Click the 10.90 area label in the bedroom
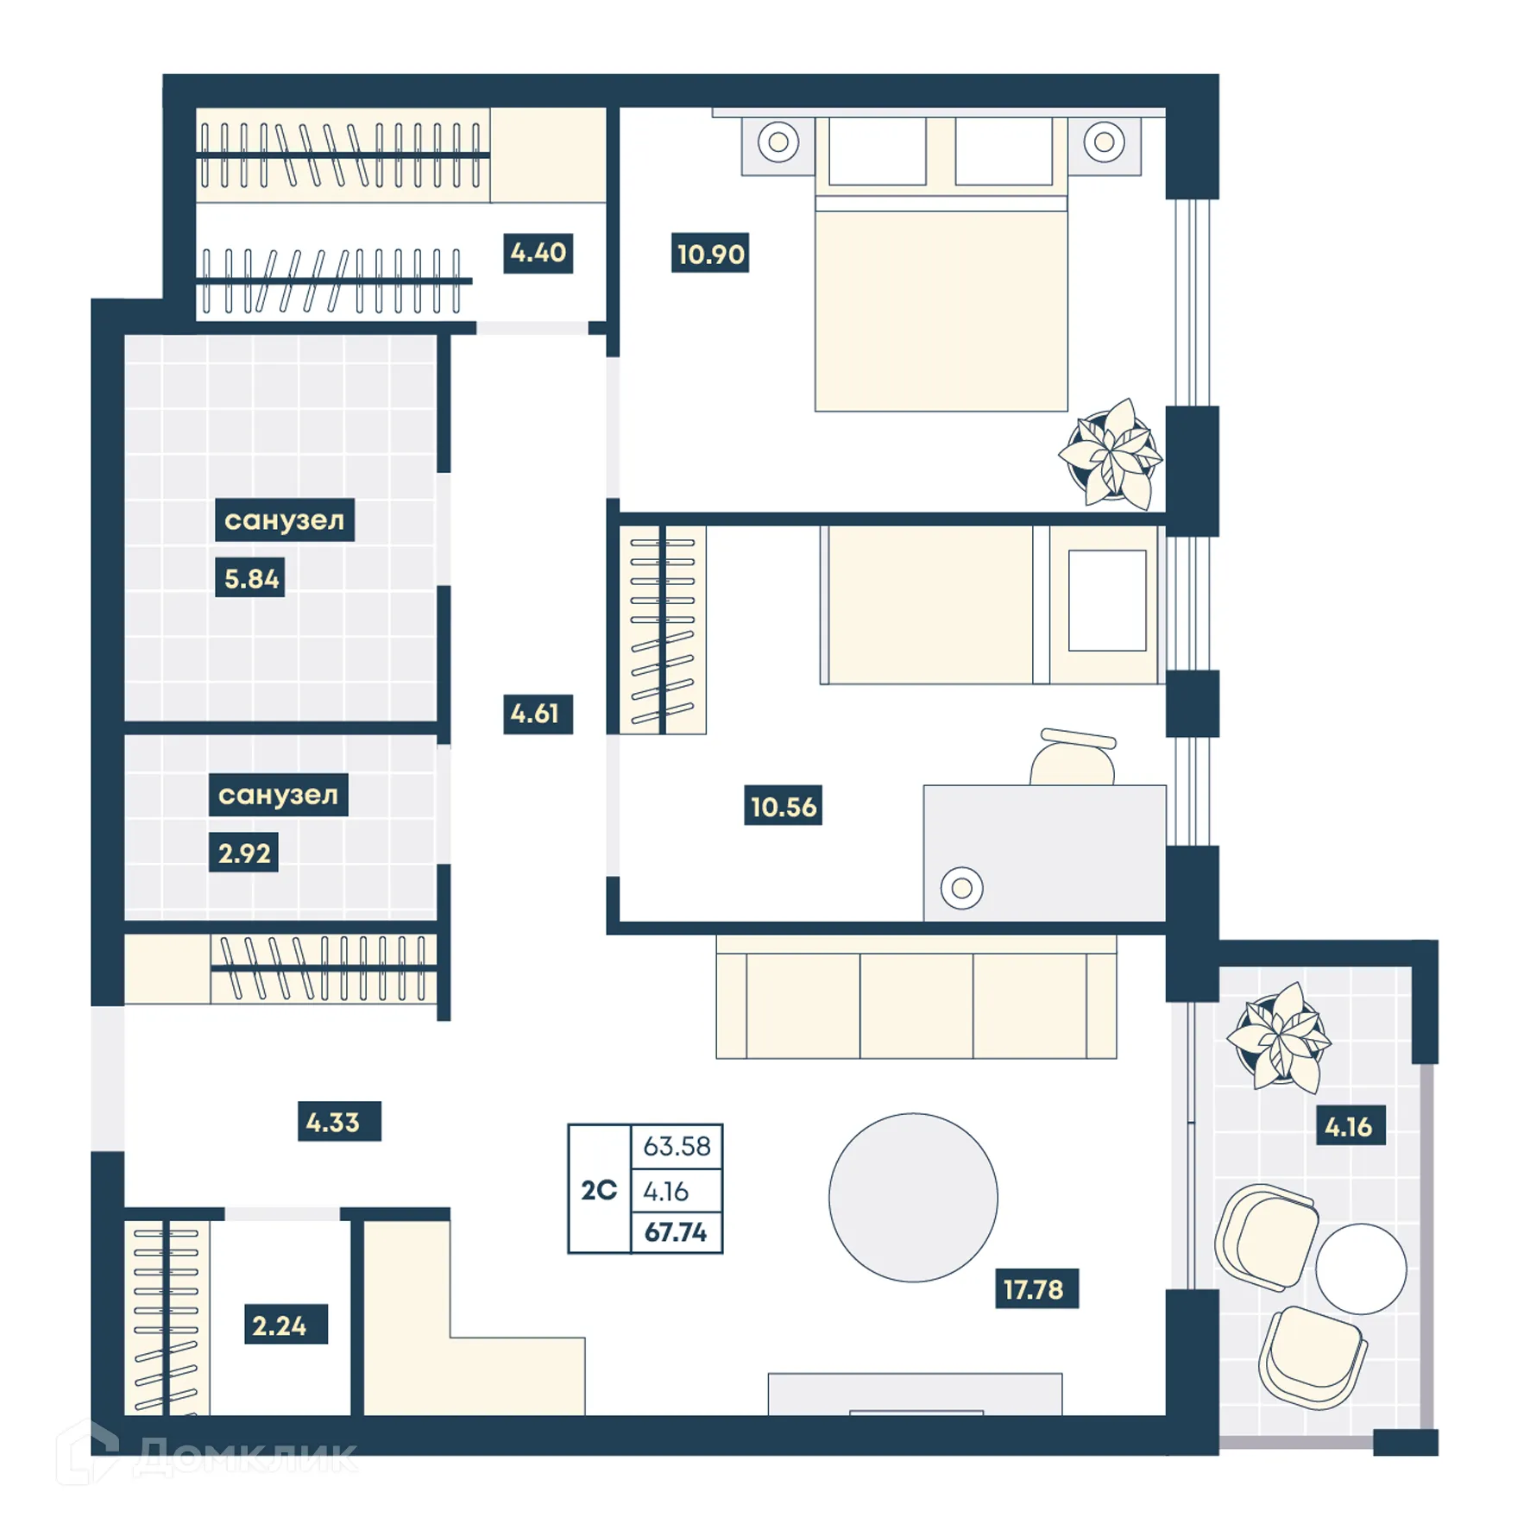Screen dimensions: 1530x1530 [709, 254]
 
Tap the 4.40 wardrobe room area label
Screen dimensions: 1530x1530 [538, 252]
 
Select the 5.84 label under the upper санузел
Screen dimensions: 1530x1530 [250, 578]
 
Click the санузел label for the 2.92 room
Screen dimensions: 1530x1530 [278, 794]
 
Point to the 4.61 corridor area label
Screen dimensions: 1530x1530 [537, 714]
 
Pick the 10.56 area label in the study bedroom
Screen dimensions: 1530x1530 [782, 806]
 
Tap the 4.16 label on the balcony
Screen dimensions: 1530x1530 [1349, 1126]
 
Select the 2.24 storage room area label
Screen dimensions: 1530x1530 [279, 1325]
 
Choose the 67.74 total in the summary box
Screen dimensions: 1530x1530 [676, 1232]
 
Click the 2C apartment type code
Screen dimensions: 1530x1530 [598, 1190]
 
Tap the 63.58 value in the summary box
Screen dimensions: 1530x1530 [676, 1146]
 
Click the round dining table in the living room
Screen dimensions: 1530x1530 [912, 1197]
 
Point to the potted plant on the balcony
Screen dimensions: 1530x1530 [1280, 1036]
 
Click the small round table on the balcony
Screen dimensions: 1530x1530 [1360, 1269]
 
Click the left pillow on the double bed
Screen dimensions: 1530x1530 [877, 152]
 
